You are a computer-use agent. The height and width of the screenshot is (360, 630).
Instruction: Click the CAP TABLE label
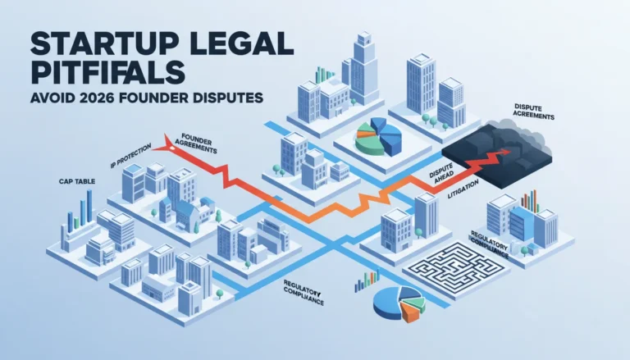(x=77, y=181)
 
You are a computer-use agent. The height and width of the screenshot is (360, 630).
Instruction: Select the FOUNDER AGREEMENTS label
(x=196, y=144)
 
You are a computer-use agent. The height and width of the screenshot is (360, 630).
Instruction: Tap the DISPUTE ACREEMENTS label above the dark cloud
(x=534, y=112)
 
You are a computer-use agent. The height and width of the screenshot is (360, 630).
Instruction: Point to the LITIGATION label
(x=463, y=189)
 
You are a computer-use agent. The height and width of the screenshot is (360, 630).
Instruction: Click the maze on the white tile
(x=456, y=268)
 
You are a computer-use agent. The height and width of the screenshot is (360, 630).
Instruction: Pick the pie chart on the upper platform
(x=377, y=136)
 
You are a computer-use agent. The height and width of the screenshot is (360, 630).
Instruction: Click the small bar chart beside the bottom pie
(x=367, y=280)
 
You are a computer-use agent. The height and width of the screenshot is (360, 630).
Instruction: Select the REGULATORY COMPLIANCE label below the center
(x=303, y=292)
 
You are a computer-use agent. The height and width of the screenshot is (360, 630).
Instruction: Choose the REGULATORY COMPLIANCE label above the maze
(x=490, y=244)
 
